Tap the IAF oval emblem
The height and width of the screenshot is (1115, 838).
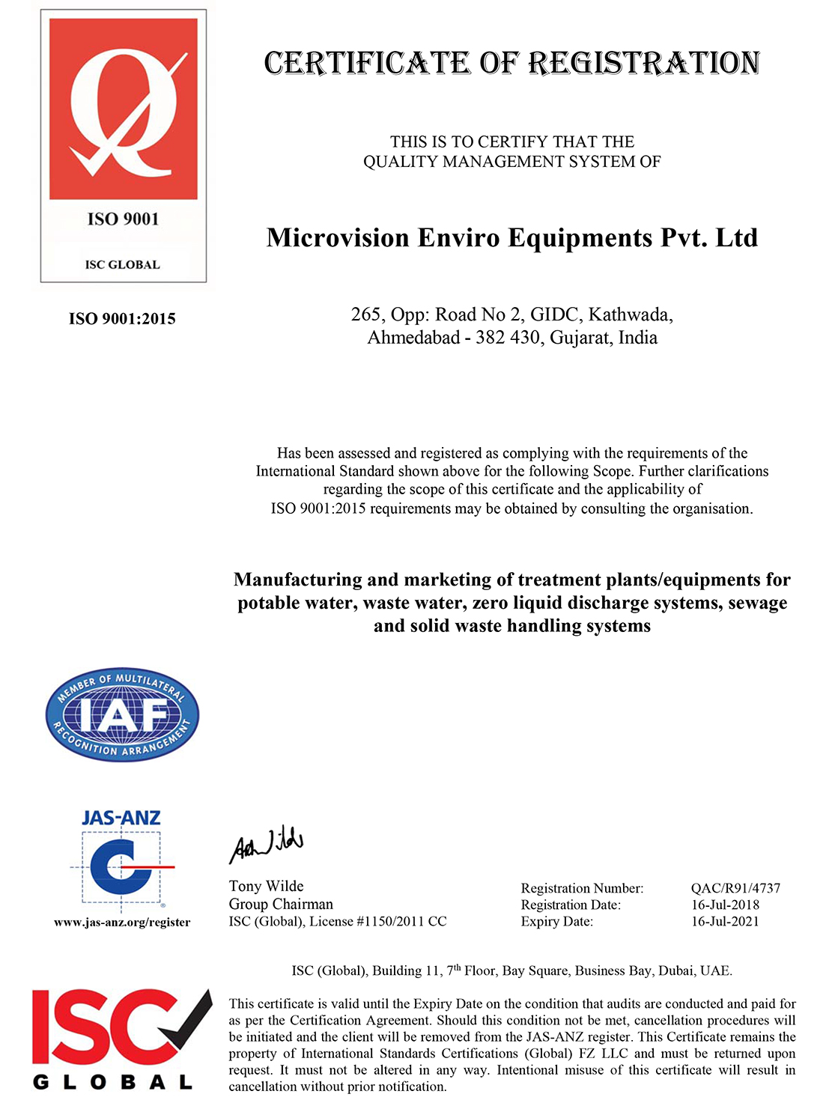(122, 714)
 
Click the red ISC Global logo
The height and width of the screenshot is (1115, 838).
(121, 1038)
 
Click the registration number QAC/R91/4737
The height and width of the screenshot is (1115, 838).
(735, 888)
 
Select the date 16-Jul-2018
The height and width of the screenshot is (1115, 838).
(725, 905)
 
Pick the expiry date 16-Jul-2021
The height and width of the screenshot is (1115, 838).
(725, 921)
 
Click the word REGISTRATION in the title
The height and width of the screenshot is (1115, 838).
(644, 64)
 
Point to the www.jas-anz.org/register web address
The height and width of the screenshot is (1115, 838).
(122, 923)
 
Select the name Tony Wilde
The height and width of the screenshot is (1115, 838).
(266, 887)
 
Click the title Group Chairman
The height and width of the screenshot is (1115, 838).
(281, 904)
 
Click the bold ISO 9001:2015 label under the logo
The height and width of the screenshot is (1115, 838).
(122, 319)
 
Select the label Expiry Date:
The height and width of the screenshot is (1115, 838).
(556, 921)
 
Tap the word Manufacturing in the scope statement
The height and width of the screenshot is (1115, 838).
(294, 580)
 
